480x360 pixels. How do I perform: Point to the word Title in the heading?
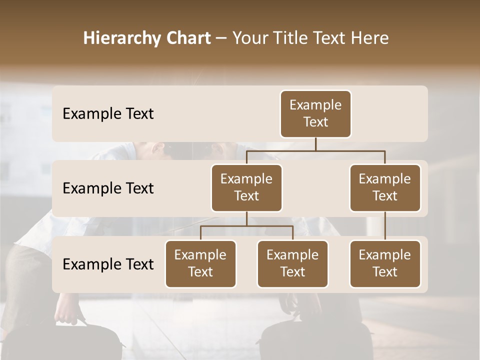293,38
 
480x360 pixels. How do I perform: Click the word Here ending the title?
368,38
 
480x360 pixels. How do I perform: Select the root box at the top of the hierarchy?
315,114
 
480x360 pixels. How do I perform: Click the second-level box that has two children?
246,187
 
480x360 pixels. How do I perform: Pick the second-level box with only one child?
385,187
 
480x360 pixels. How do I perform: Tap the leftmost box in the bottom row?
200,263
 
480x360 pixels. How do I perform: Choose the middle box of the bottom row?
292,263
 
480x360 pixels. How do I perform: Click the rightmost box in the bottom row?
385,263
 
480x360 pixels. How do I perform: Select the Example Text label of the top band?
108,114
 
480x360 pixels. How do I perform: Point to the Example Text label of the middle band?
108,188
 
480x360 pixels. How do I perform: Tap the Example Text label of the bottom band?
108,264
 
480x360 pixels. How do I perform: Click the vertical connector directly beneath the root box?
315,144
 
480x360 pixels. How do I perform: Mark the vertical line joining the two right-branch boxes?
385,226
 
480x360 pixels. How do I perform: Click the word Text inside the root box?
315,122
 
